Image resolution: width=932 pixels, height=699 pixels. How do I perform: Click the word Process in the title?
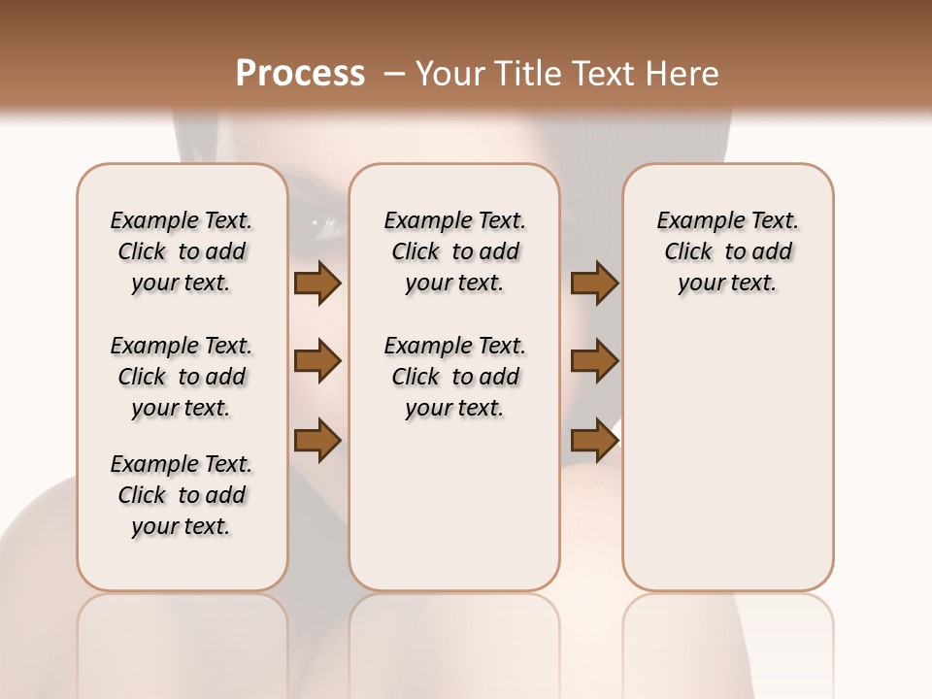pos(300,73)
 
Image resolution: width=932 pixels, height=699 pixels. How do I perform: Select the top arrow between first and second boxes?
pos(317,283)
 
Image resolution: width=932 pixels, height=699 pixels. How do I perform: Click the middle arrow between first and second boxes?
pos(317,362)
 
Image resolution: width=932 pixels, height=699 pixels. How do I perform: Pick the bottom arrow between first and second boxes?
pos(317,440)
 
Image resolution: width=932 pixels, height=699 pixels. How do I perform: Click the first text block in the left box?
pos(182,251)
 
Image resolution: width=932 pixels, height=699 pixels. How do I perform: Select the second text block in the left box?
pos(182,377)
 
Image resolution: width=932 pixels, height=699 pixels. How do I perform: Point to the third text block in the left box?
pos(182,495)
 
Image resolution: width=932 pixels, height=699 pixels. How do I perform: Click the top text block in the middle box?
pos(455,251)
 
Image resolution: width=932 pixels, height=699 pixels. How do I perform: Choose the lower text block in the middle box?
pos(455,377)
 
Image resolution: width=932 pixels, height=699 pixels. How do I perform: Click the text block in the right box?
pos(728,251)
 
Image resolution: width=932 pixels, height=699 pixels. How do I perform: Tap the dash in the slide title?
pos(393,74)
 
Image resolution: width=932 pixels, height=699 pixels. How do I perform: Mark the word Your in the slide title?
pos(448,74)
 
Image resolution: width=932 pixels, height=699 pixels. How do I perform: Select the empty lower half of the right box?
pos(728,466)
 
